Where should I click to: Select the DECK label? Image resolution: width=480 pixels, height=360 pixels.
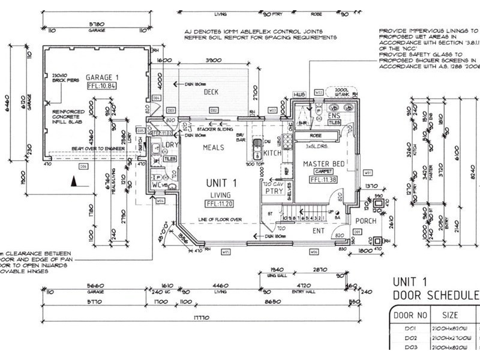click(x=211, y=92)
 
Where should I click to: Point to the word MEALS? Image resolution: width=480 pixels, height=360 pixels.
click(x=213, y=147)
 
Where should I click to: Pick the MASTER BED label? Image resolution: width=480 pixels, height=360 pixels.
click(x=324, y=164)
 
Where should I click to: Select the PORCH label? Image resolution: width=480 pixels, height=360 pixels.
click(x=365, y=221)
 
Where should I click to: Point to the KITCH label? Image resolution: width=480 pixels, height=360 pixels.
click(x=272, y=153)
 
